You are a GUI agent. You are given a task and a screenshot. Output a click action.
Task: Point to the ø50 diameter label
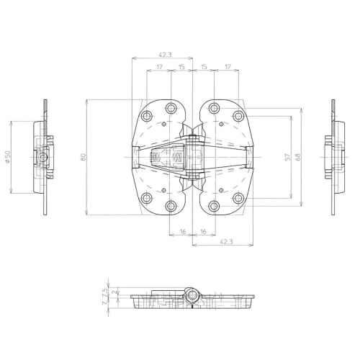pyautogui.click(x=7, y=156)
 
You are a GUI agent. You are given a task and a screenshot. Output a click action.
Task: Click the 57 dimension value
pyautogui.click(x=287, y=156)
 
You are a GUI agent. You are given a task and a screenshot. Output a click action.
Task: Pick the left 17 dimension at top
pyautogui.click(x=158, y=67)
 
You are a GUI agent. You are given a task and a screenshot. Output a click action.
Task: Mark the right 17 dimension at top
pyautogui.click(x=228, y=67)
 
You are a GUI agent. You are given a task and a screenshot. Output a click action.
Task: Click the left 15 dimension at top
pyautogui.click(x=182, y=67)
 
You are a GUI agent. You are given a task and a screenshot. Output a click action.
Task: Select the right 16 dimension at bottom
pyautogui.click(x=204, y=232)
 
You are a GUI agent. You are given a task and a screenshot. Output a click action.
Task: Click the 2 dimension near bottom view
pyautogui.click(x=105, y=292)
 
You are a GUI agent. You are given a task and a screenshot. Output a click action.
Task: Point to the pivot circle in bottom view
pyautogui.click(x=193, y=294)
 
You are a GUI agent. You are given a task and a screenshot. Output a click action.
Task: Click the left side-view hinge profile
pyautogui.click(x=43, y=156)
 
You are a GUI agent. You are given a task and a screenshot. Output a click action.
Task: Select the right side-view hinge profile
pyautogui.click(x=335, y=156)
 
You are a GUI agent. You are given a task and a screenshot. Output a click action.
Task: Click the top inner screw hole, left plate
pyautogui.click(x=171, y=108)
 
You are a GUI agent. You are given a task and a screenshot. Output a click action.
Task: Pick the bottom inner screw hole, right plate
pyautogui.click(x=214, y=207)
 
